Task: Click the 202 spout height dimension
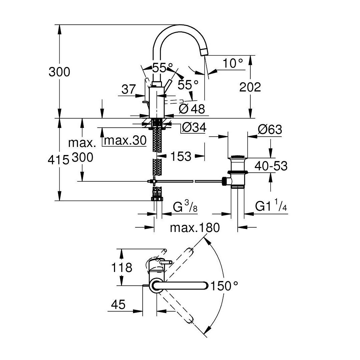point(250,87)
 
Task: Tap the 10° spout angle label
point(233,63)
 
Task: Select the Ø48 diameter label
point(192,109)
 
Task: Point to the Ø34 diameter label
point(194,127)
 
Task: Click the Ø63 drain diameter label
point(270,129)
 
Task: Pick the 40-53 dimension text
point(271,166)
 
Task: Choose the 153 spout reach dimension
point(181,157)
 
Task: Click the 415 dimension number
point(58,160)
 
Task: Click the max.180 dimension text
point(195,228)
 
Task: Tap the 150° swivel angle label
point(224,286)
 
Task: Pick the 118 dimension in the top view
point(121,268)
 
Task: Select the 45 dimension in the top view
point(118,304)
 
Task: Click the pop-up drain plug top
point(238,157)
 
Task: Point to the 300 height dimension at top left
point(59,72)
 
